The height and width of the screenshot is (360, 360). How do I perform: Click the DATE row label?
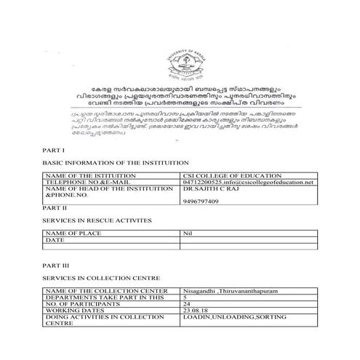tap(56, 239)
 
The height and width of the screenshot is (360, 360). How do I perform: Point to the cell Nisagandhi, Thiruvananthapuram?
tap(230, 291)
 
